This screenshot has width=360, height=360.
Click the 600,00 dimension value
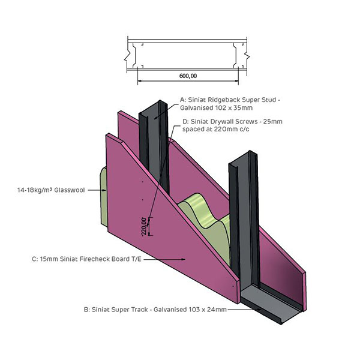(x=188, y=76)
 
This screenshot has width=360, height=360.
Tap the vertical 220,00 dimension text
(x=144, y=227)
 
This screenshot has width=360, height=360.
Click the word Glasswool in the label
(x=70, y=190)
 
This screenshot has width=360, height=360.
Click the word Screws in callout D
(x=247, y=121)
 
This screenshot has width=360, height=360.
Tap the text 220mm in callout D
(x=225, y=129)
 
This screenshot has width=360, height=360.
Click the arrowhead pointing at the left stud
(x=155, y=118)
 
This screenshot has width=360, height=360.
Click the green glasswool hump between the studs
(x=200, y=202)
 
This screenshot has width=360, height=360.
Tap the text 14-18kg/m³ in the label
(x=35, y=190)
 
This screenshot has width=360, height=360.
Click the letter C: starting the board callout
(x=35, y=259)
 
